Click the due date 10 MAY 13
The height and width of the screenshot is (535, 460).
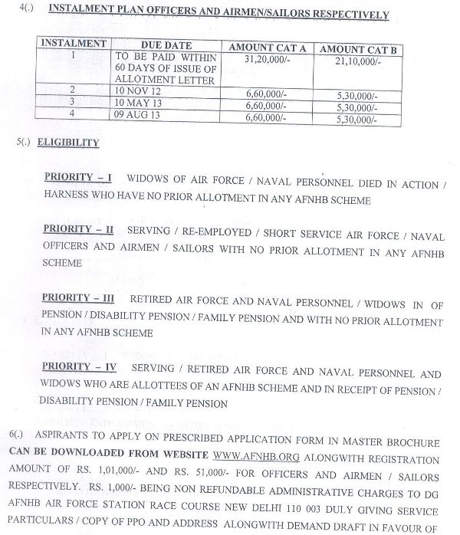(140, 102)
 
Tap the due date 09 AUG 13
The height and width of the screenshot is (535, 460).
(140, 113)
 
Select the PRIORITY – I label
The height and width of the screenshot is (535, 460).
(77, 178)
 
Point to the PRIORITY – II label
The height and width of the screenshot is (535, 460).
(78, 228)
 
